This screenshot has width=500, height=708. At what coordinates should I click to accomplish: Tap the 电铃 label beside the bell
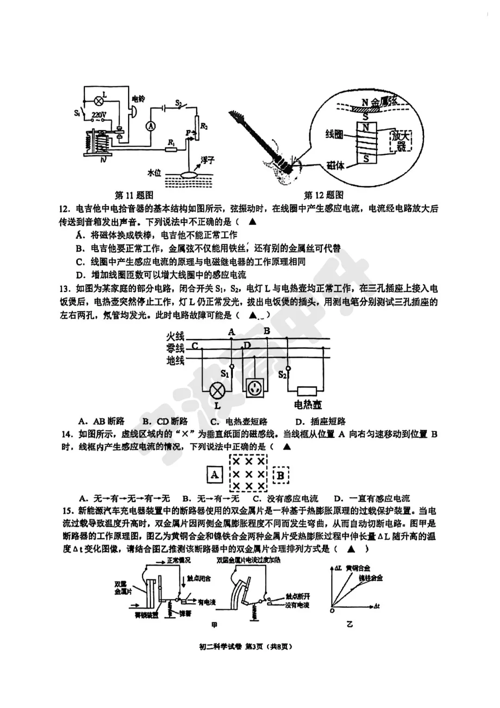click(138, 99)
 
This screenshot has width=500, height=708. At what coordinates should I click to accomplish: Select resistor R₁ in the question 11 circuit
click(171, 149)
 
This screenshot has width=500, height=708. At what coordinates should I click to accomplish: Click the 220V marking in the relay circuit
click(99, 114)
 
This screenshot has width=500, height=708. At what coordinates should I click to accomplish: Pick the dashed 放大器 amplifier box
click(400, 141)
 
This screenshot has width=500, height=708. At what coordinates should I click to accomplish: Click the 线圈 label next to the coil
click(334, 134)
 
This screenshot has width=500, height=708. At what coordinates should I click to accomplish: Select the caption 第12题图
click(324, 195)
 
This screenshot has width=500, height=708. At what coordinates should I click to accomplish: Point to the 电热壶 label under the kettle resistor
click(308, 405)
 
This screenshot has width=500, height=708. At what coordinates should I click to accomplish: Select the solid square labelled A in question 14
click(214, 475)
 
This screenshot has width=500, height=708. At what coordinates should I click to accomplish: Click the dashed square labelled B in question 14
click(281, 475)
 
